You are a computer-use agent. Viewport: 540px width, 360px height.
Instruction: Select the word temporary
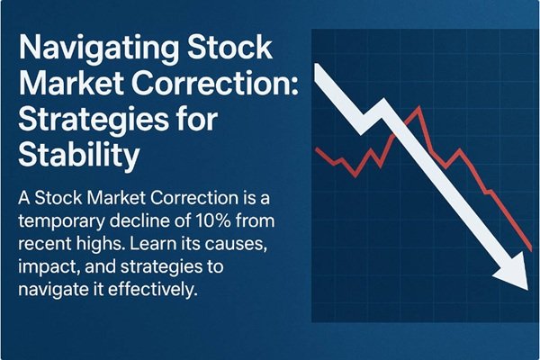(x=68, y=221)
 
